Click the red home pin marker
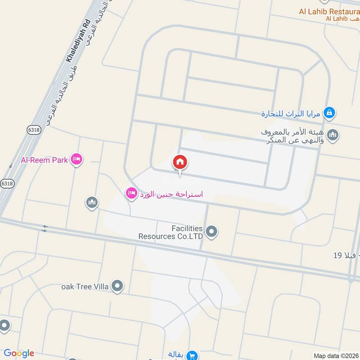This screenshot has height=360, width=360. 180,162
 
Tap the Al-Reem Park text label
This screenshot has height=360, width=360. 44,160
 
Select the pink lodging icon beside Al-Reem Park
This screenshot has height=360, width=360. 76,159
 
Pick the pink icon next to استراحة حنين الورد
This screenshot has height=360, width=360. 131,193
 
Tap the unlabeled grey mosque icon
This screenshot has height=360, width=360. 92,202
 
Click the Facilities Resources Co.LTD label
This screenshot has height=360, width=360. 171,232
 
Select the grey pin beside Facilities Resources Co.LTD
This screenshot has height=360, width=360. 211,232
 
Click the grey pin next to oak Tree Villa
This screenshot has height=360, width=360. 117,286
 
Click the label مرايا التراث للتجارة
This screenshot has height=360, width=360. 291,114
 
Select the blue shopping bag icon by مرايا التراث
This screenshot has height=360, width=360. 329,112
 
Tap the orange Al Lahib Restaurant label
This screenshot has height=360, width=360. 329,11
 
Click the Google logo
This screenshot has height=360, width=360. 19,353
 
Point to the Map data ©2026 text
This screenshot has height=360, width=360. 336,356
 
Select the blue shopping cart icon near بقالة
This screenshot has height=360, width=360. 192,355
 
